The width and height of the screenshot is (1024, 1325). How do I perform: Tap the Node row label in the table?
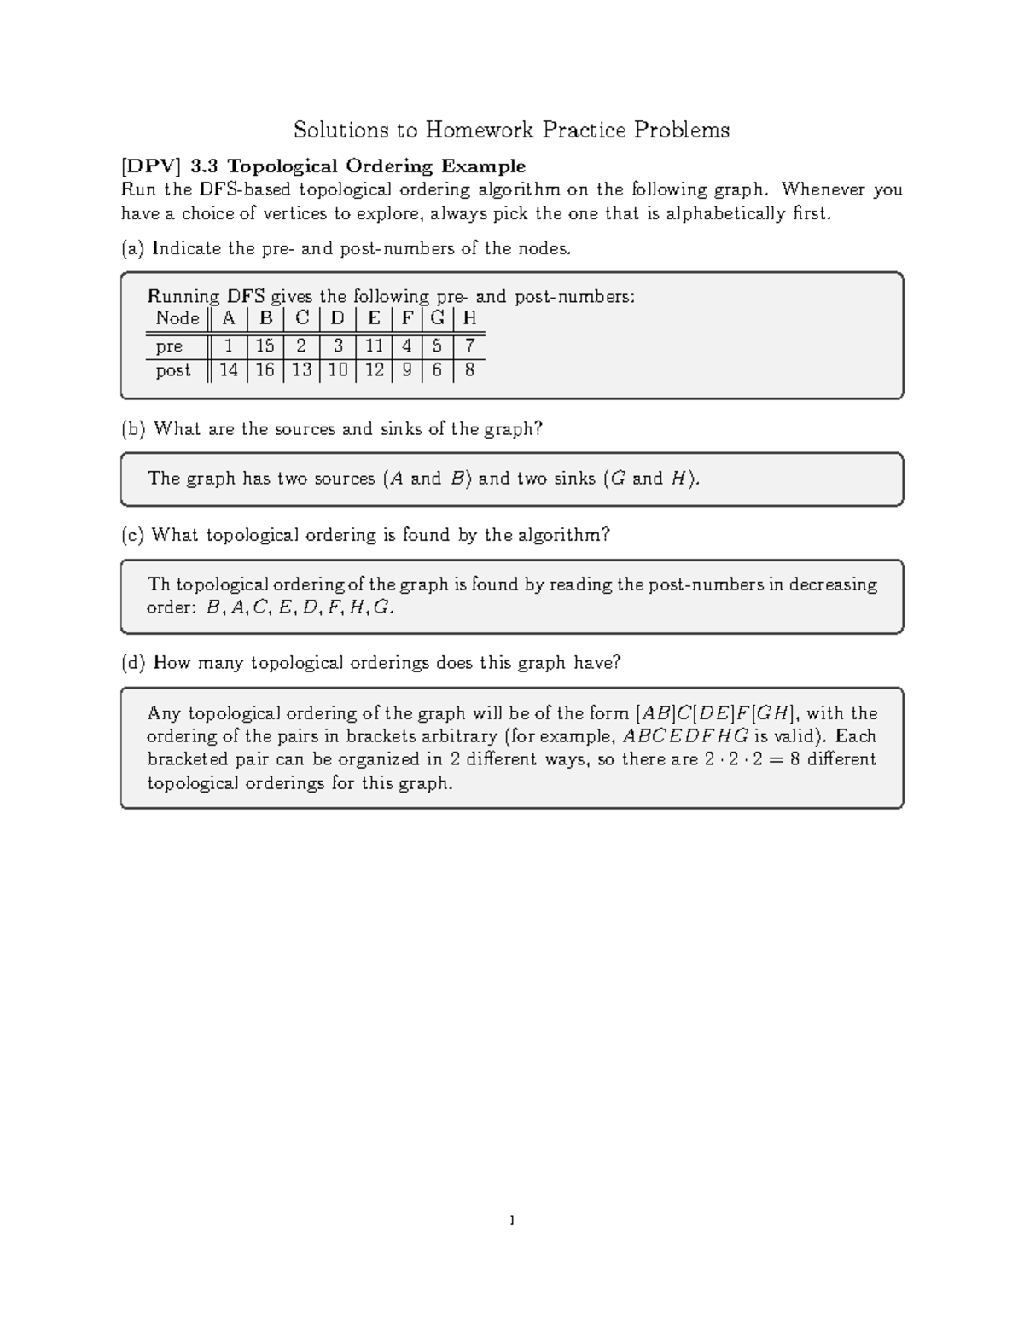177,318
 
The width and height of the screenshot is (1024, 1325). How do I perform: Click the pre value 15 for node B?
265,346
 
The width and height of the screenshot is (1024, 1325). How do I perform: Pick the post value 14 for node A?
228,370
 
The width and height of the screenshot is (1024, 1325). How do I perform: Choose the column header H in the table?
469,318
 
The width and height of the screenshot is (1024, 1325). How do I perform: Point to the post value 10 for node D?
338,370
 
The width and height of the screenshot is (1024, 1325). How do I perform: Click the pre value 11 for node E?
374,346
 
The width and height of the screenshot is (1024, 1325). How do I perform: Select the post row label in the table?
173,370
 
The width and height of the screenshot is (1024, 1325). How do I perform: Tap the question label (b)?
134,429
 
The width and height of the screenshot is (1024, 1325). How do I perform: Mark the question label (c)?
133,535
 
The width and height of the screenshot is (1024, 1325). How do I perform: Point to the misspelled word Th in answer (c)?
159,584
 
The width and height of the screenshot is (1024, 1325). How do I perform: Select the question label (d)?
134,663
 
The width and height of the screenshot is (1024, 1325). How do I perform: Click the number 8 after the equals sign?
794,759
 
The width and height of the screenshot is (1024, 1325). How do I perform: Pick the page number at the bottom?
511,1221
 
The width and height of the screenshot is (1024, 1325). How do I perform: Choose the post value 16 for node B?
265,370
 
